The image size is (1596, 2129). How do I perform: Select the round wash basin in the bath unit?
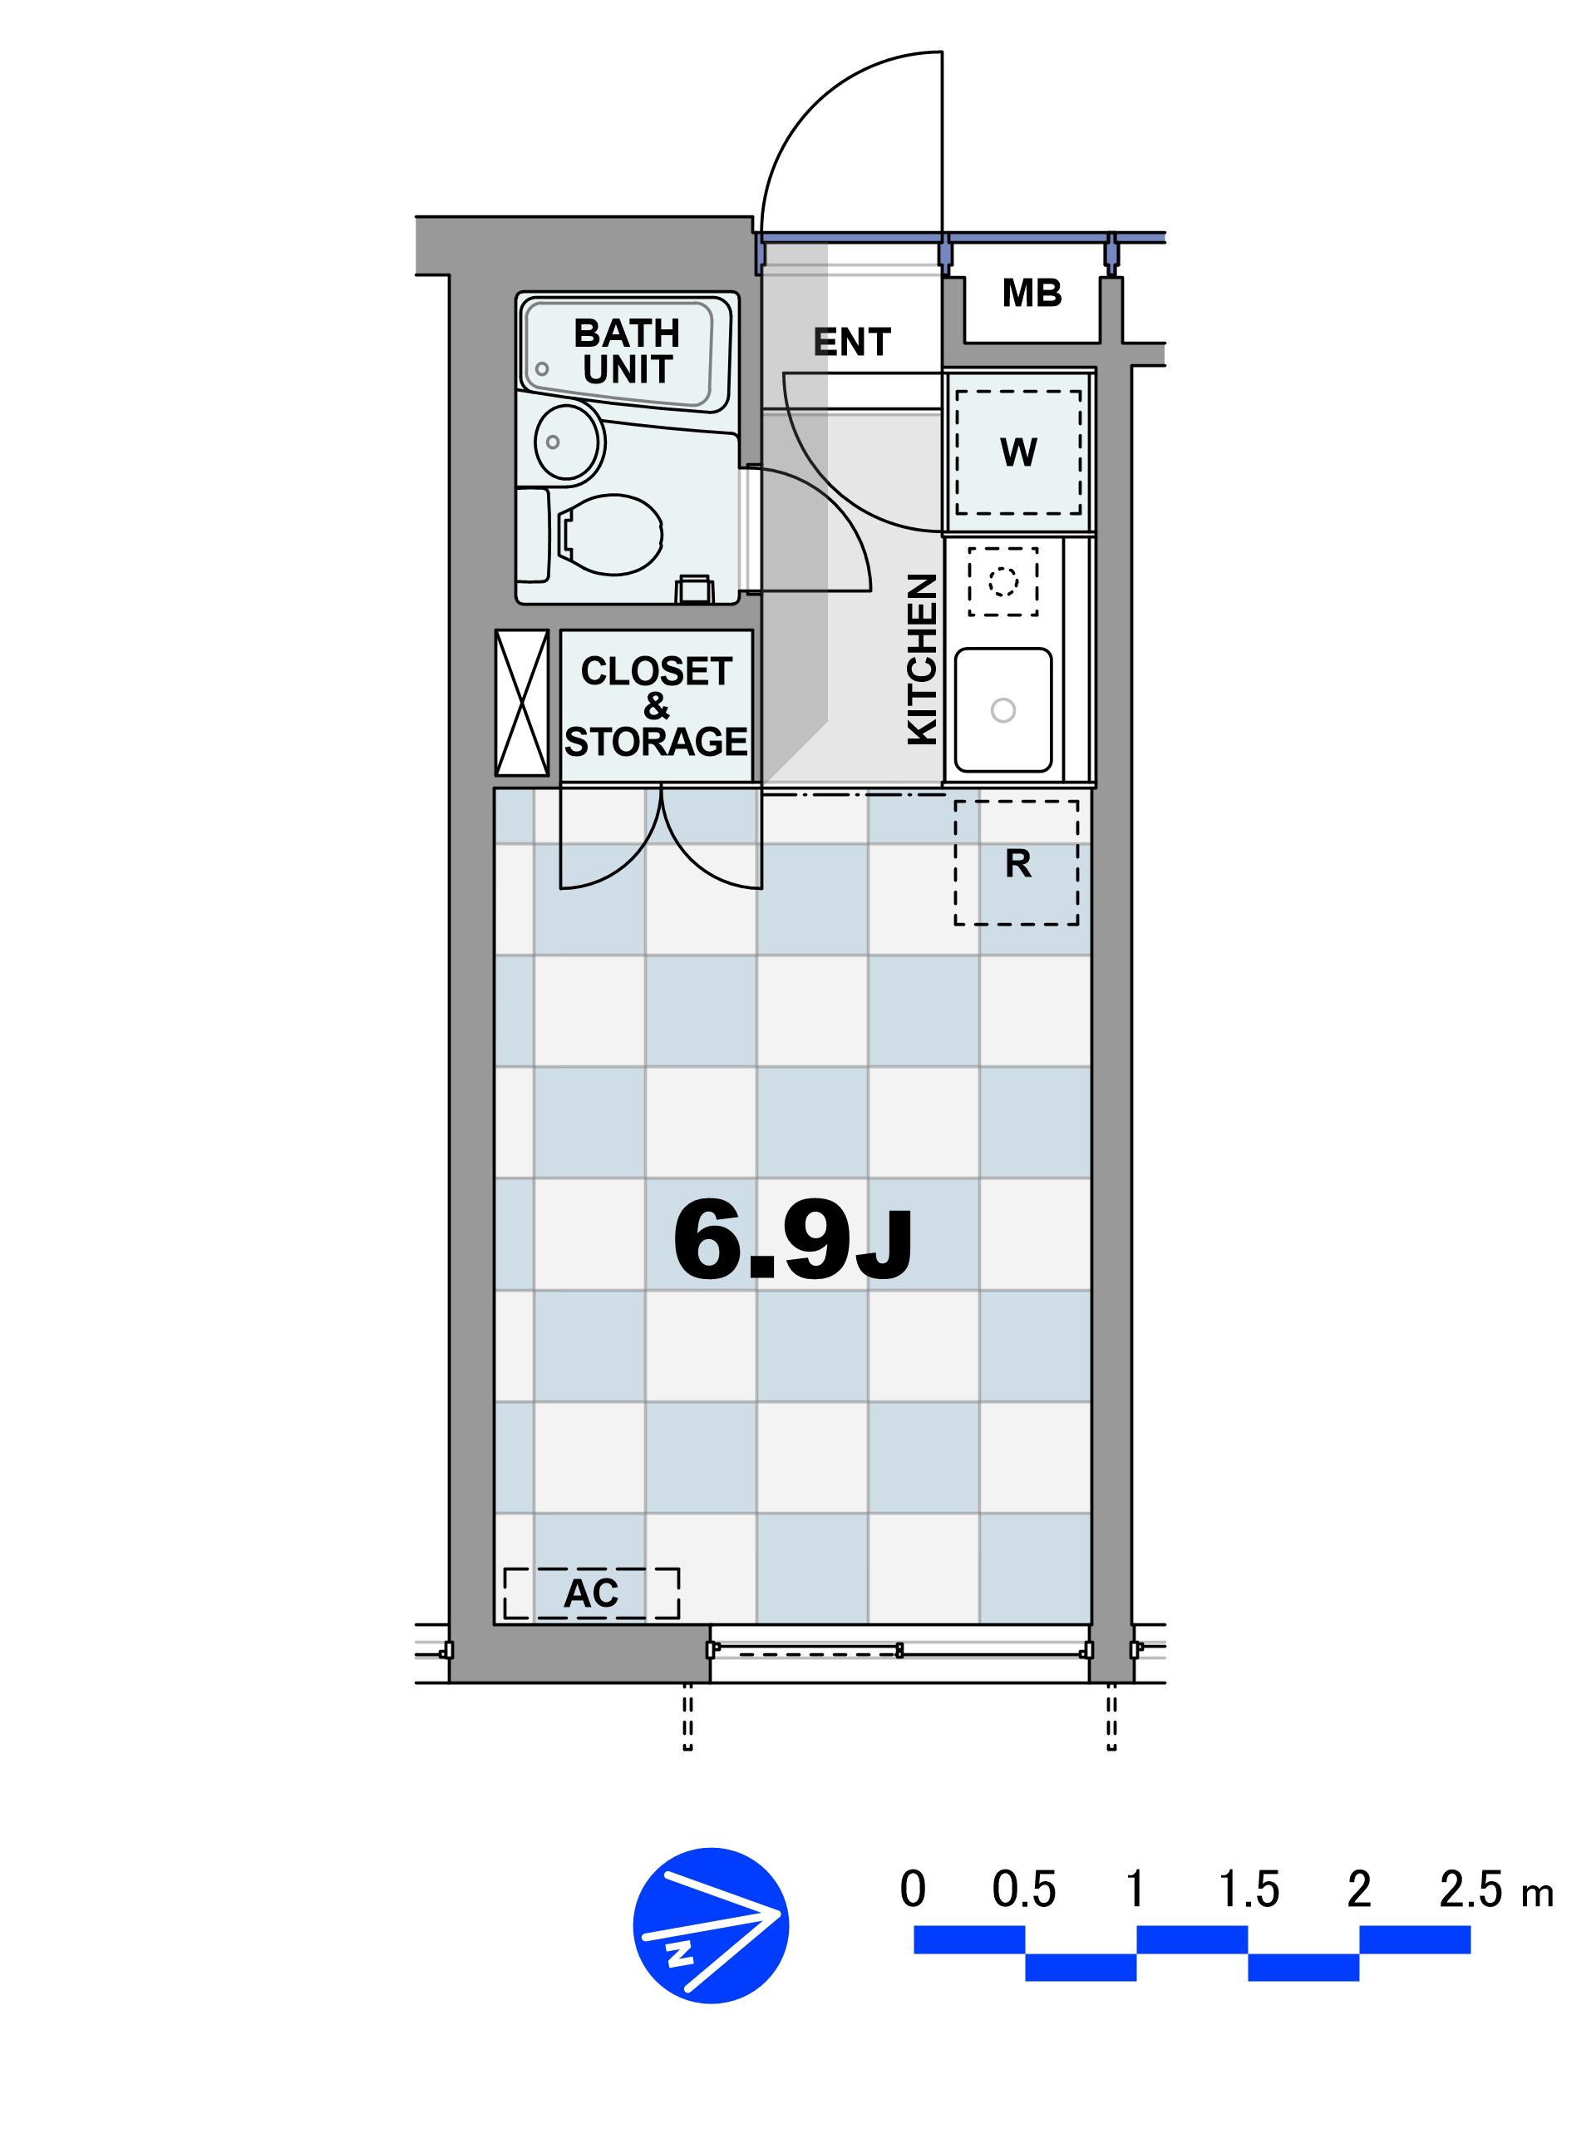pos(569,442)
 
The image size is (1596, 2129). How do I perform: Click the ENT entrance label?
pos(851,342)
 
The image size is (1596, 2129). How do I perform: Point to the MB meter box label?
pos(1032,293)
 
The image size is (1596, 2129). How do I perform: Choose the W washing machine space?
pos(1017,452)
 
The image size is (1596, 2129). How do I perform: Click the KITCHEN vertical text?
pos(923,659)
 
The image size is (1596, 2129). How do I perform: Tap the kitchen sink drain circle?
pos(1002,710)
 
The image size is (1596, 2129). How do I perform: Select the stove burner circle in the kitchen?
pos(1003,581)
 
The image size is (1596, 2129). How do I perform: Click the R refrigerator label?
pos(1017,864)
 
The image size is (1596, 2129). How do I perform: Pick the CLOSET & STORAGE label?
pos(656,706)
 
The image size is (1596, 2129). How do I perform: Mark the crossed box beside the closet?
pos(521,703)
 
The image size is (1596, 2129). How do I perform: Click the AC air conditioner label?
pos(591,1593)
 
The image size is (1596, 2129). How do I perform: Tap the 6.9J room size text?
pos(793,1241)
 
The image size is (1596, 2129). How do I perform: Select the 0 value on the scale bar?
pos(913,1890)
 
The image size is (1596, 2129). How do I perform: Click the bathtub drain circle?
pos(543,368)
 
